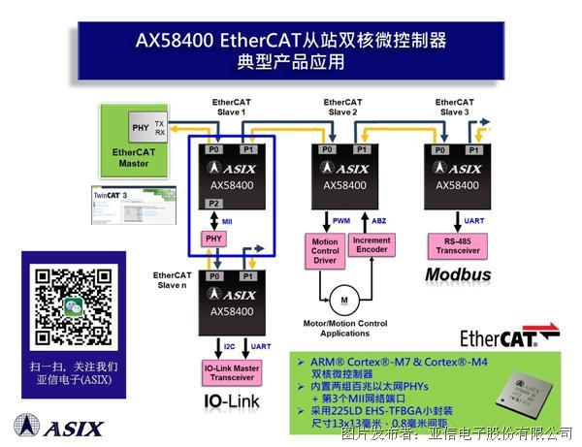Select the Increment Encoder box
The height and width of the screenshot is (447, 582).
(372, 244)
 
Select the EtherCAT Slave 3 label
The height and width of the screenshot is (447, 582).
(454, 107)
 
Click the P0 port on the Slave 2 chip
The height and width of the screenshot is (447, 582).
(326, 149)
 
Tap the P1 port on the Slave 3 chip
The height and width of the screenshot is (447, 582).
(472, 149)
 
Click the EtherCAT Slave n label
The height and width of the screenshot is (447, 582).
(173, 279)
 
